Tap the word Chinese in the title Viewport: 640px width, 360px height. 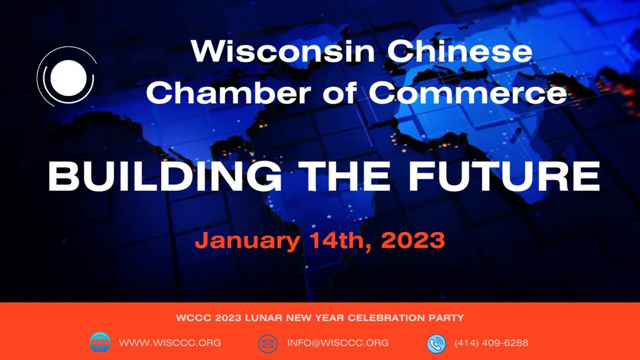click(x=460, y=52)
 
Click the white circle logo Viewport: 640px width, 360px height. click(x=67, y=77)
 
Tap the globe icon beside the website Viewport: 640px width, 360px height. click(x=100, y=343)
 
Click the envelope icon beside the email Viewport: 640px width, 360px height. click(x=268, y=343)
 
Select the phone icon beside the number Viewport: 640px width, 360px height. click(x=436, y=343)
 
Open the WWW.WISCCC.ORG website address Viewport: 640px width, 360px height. click(x=170, y=343)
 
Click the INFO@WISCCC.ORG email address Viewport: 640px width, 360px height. click(x=337, y=343)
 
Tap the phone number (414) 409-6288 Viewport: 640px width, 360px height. click(x=492, y=343)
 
